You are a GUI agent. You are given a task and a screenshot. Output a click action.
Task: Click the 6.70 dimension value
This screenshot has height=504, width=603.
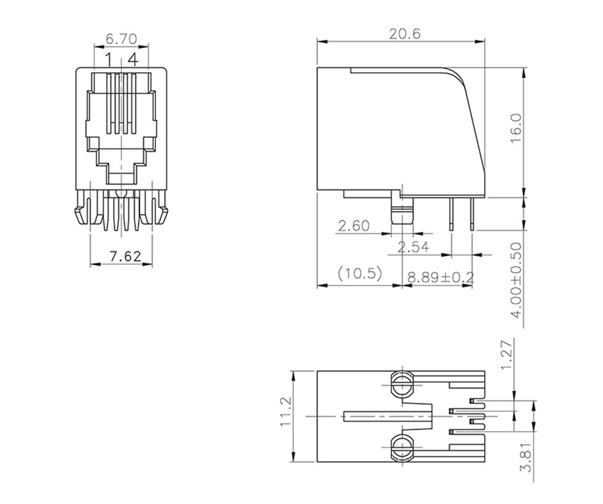pos(121,39)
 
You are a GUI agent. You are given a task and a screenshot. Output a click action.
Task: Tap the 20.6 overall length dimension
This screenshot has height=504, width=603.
pos(404,34)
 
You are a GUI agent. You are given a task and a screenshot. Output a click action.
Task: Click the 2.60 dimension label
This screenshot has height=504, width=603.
pos(353,226)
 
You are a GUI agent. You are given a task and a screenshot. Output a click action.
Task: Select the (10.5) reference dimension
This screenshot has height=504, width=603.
pos(360,273)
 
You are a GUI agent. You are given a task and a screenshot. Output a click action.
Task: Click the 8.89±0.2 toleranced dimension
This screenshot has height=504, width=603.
pos(440,278)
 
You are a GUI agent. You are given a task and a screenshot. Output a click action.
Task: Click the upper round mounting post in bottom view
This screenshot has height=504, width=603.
pos(401,385)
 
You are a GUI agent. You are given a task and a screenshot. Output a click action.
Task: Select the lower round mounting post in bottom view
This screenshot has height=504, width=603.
pos(401,447)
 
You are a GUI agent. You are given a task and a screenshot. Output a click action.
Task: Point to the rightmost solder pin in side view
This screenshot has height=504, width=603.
pos(473,214)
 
